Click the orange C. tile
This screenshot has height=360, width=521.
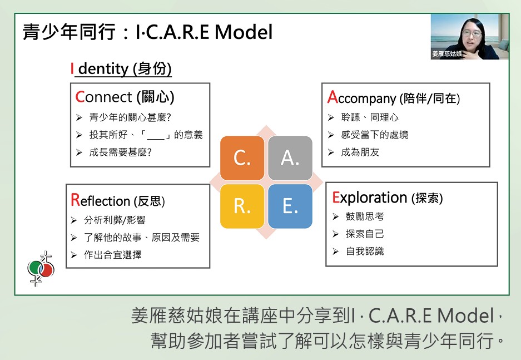pos(242,158)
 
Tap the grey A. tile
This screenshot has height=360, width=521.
pos(290,158)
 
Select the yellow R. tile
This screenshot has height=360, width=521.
pos(242,206)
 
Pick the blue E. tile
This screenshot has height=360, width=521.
pos(290,206)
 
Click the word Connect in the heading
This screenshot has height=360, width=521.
pos(103,97)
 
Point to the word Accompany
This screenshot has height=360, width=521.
pos(361,98)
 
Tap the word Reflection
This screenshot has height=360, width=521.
pos(100,201)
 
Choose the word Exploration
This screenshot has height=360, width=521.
pos(370,198)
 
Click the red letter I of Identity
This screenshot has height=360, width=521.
pos(72,69)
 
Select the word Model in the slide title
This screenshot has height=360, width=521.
pos(244,32)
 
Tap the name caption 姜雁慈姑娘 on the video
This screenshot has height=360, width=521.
pos(447,53)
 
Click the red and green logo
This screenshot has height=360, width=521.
pos(41,269)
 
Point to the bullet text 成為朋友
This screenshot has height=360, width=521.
pos(360,152)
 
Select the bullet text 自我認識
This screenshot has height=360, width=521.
pos(365,251)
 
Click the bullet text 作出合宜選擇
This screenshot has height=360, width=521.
pos(113,255)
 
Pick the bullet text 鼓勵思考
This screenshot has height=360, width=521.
pos(365,216)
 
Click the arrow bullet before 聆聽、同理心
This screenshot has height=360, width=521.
pos(331,117)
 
